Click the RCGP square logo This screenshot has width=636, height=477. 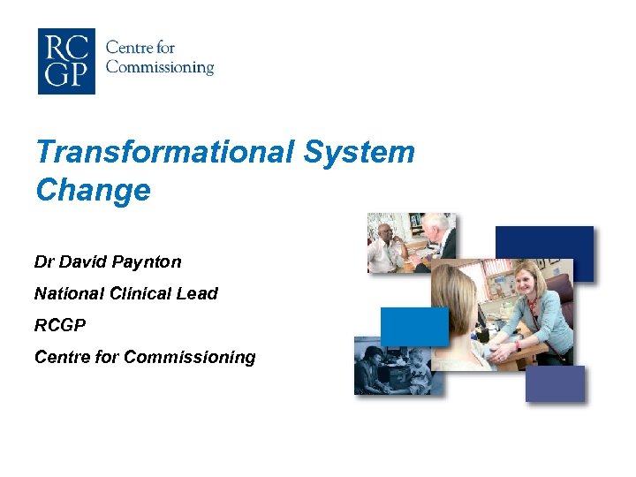point(66,60)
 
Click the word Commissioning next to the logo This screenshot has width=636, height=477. point(160,67)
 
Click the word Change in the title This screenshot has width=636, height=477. point(93,190)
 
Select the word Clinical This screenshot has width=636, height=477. point(141,293)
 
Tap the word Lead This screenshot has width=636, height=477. point(199,293)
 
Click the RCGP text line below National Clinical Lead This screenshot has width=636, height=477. point(60,325)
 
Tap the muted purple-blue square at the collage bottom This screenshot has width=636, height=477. point(555,383)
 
